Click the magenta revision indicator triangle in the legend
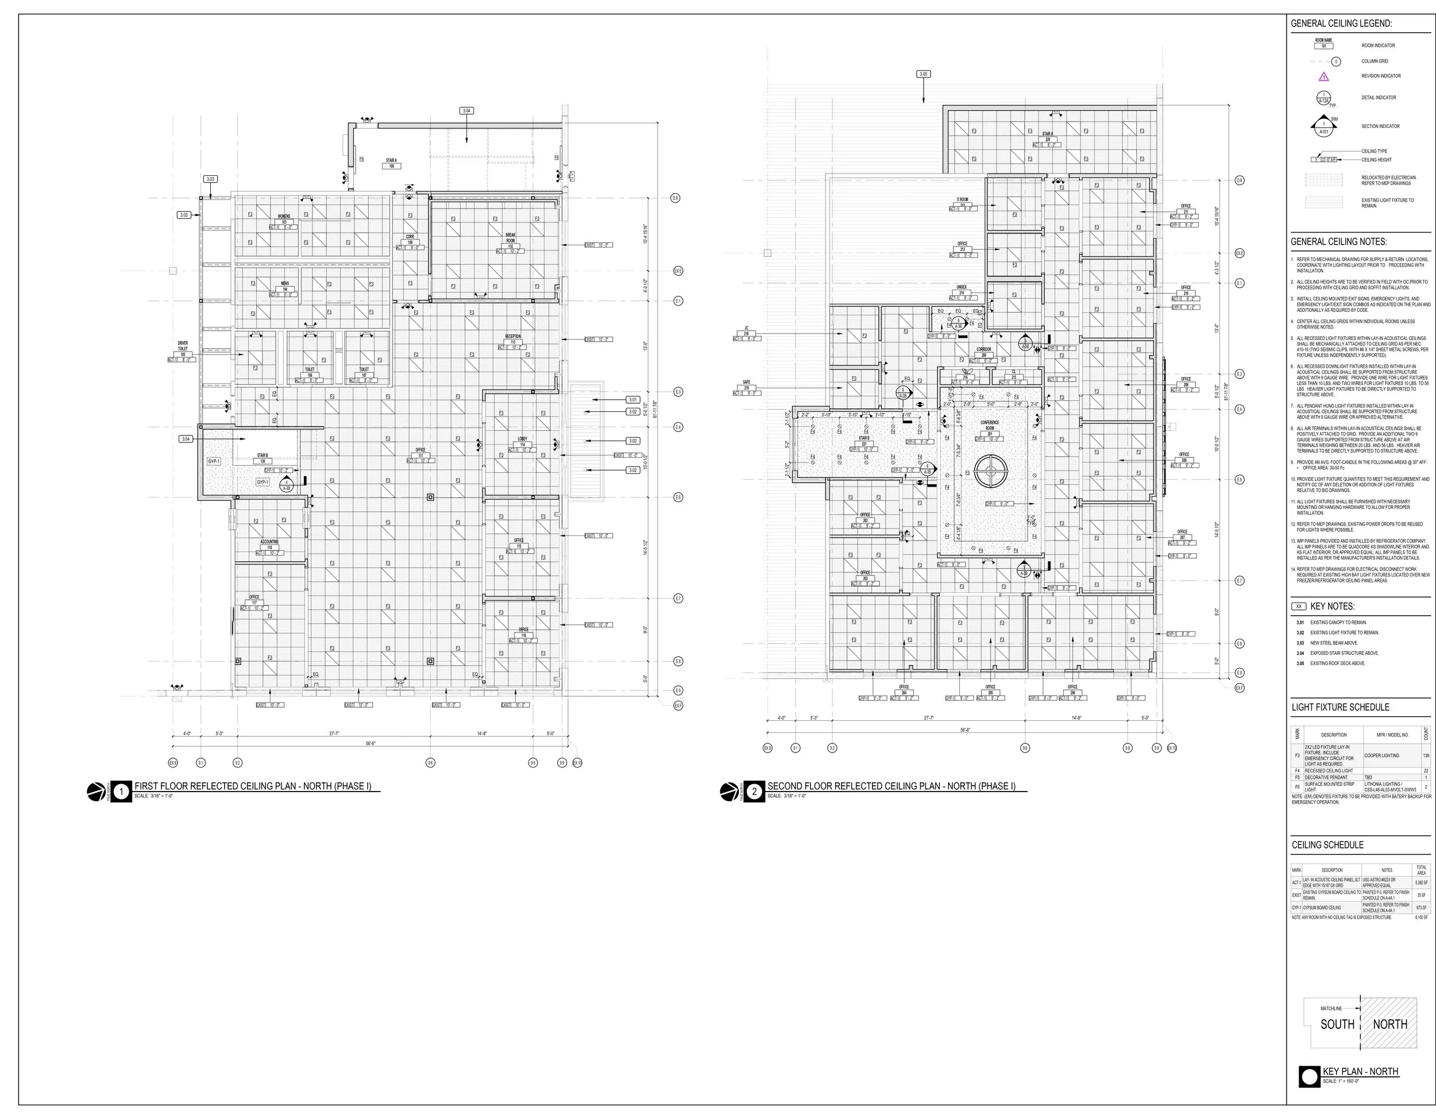tap(1324, 77)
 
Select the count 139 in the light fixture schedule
tap(1426, 755)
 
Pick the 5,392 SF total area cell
tap(1421, 882)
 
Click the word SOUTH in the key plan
tap(1337, 1024)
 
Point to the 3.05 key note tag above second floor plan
tap(924, 74)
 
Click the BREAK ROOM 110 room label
tap(510, 241)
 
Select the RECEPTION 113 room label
tap(513, 340)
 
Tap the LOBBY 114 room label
tap(522, 442)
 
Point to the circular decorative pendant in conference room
tap(990, 469)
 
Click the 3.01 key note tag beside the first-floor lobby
tap(632, 400)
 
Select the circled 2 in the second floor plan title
tap(755, 792)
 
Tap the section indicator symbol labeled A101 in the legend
tap(1324, 127)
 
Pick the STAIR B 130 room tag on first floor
tap(263, 458)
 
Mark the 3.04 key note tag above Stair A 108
tap(467, 110)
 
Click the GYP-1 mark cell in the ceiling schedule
tap(1296, 907)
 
